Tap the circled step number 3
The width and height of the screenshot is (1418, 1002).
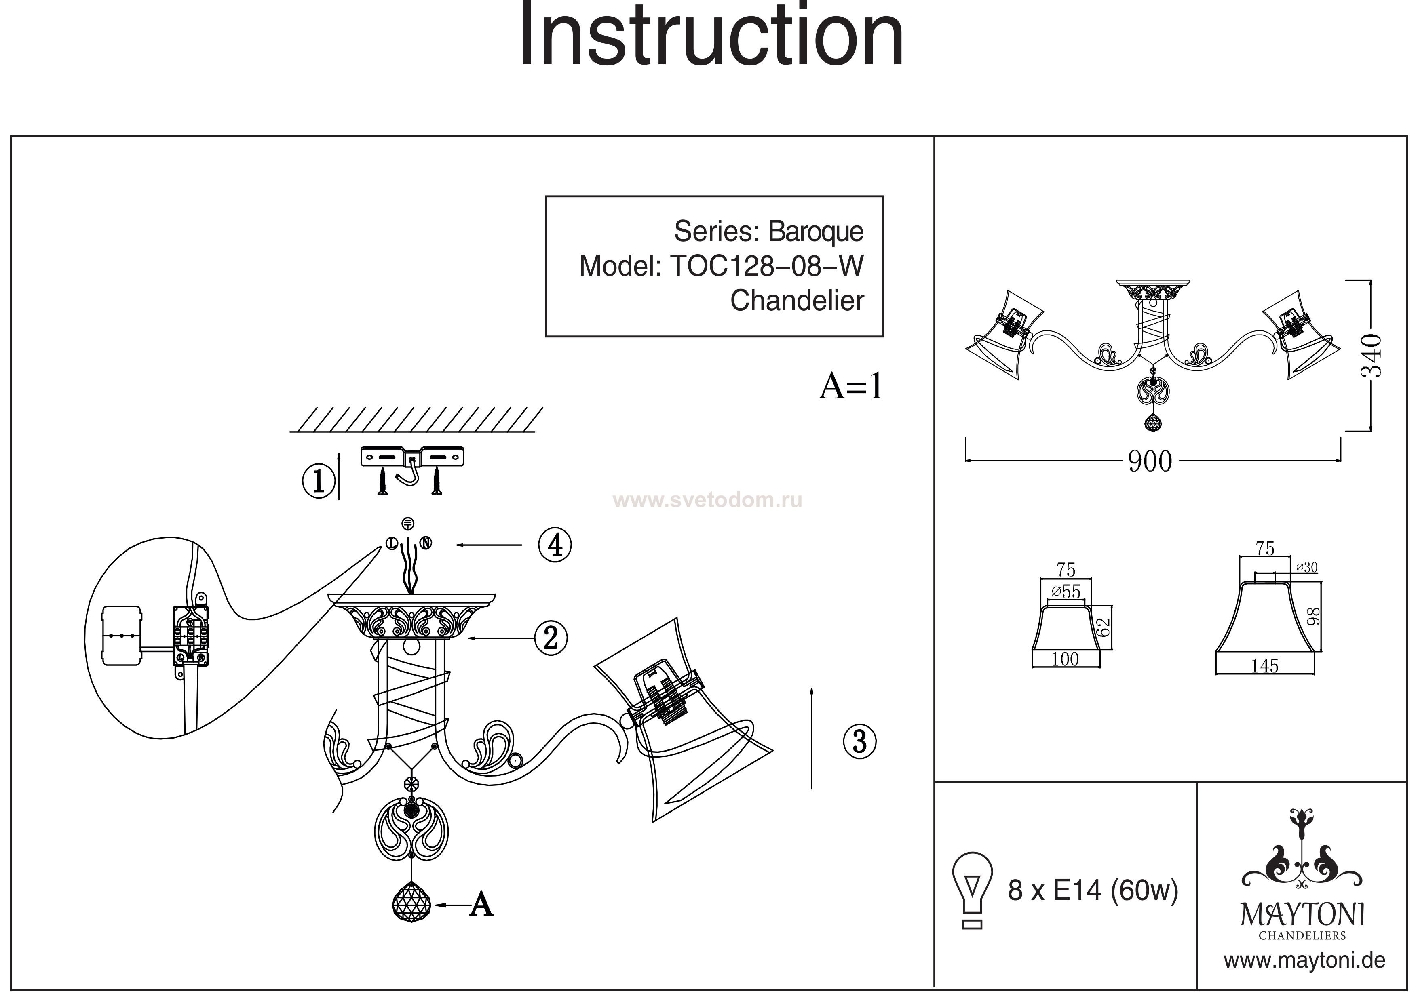pyautogui.click(x=860, y=741)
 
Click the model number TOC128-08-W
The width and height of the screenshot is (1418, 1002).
pyautogui.click(x=766, y=266)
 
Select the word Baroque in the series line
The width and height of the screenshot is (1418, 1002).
pyautogui.click(x=815, y=232)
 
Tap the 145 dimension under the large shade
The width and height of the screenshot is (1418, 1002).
pyautogui.click(x=1264, y=665)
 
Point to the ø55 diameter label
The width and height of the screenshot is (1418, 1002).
pyautogui.click(x=1066, y=592)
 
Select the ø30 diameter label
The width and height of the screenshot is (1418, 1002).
pyautogui.click(x=1306, y=567)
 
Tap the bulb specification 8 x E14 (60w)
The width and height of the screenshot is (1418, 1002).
pyautogui.click(x=1093, y=890)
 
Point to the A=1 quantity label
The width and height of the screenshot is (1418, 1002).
pyautogui.click(x=850, y=387)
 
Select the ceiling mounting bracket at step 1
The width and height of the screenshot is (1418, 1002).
pyautogui.click(x=412, y=457)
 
